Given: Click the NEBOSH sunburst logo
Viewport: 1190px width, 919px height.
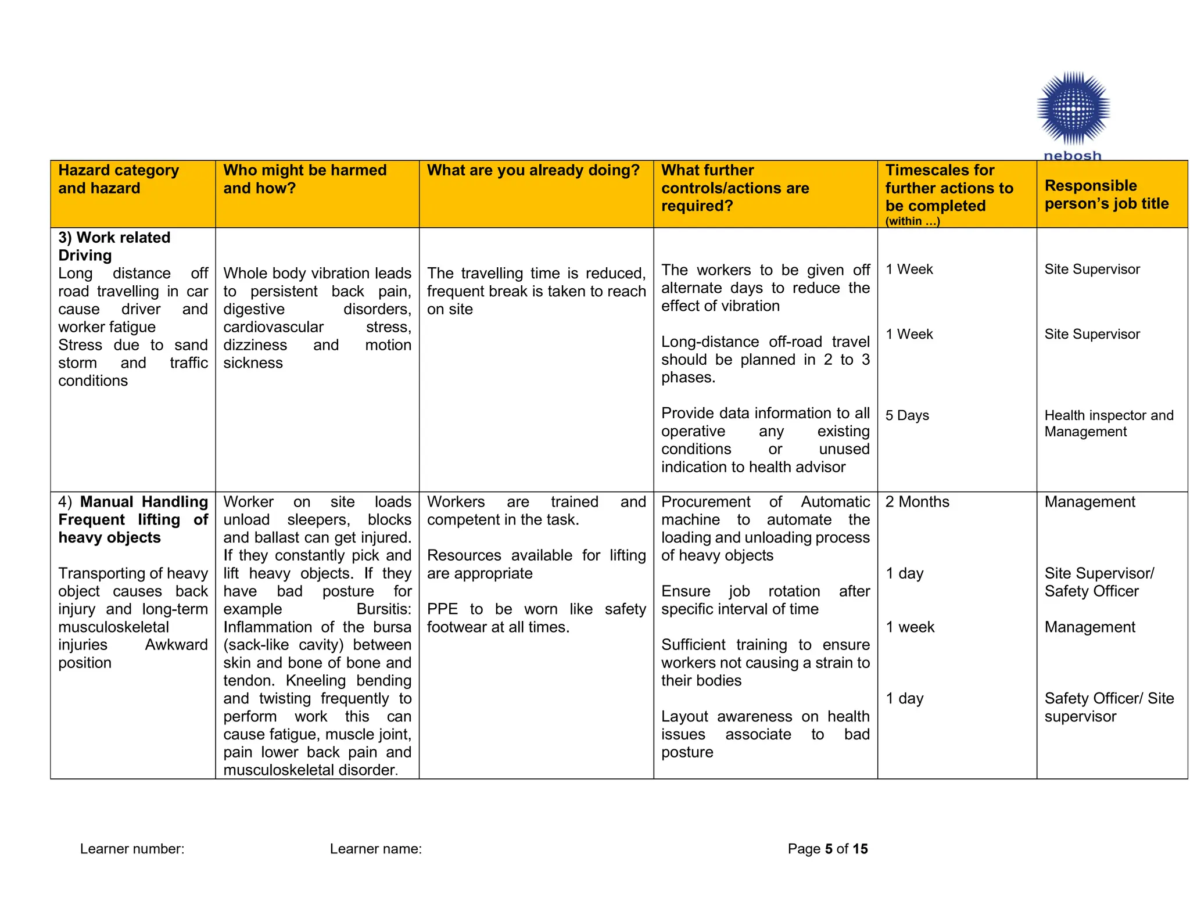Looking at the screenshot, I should pyautogui.click(x=1073, y=109).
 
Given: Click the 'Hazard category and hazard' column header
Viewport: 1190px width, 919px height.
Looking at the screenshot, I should pyautogui.click(x=119, y=179).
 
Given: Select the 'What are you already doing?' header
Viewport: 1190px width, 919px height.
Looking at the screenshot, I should pyautogui.click(x=533, y=170).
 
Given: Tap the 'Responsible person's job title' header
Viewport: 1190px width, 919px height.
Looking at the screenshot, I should pyautogui.click(x=1106, y=195).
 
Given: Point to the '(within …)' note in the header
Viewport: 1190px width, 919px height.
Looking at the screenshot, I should pyautogui.click(x=912, y=221).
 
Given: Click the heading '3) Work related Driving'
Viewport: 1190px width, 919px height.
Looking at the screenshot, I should pyautogui.click(x=114, y=246).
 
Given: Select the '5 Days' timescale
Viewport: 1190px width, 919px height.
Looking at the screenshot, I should pyautogui.click(x=906, y=415).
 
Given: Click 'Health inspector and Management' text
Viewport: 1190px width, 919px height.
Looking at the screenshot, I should pyautogui.click(x=1108, y=423).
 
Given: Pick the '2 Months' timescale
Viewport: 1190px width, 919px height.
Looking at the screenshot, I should pyautogui.click(x=917, y=502).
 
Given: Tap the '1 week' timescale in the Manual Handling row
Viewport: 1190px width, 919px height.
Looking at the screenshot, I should pyautogui.click(x=910, y=627).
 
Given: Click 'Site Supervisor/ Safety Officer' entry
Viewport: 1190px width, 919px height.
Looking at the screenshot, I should pyautogui.click(x=1098, y=582).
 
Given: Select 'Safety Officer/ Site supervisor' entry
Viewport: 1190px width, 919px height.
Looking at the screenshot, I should pyautogui.click(x=1108, y=707).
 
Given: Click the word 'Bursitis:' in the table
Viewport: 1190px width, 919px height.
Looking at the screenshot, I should pyautogui.click(x=383, y=609).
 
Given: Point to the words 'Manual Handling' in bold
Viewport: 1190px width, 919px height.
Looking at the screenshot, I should pyautogui.click(x=144, y=502).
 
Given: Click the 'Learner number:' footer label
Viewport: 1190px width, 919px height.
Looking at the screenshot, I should pyautogui.click(x=132, y=849).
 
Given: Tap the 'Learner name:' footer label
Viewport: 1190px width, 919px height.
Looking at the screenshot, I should pyautogui.click(x=375, y=849).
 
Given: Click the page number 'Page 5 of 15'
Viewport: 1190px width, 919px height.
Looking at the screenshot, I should pyautogui.click(x=827, y=849).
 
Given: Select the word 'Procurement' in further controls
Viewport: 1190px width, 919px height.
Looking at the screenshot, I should pyautogui.click(x=705, y=502).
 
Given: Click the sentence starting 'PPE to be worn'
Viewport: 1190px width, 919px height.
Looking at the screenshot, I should pyautogui.click(x=536, y=618).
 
